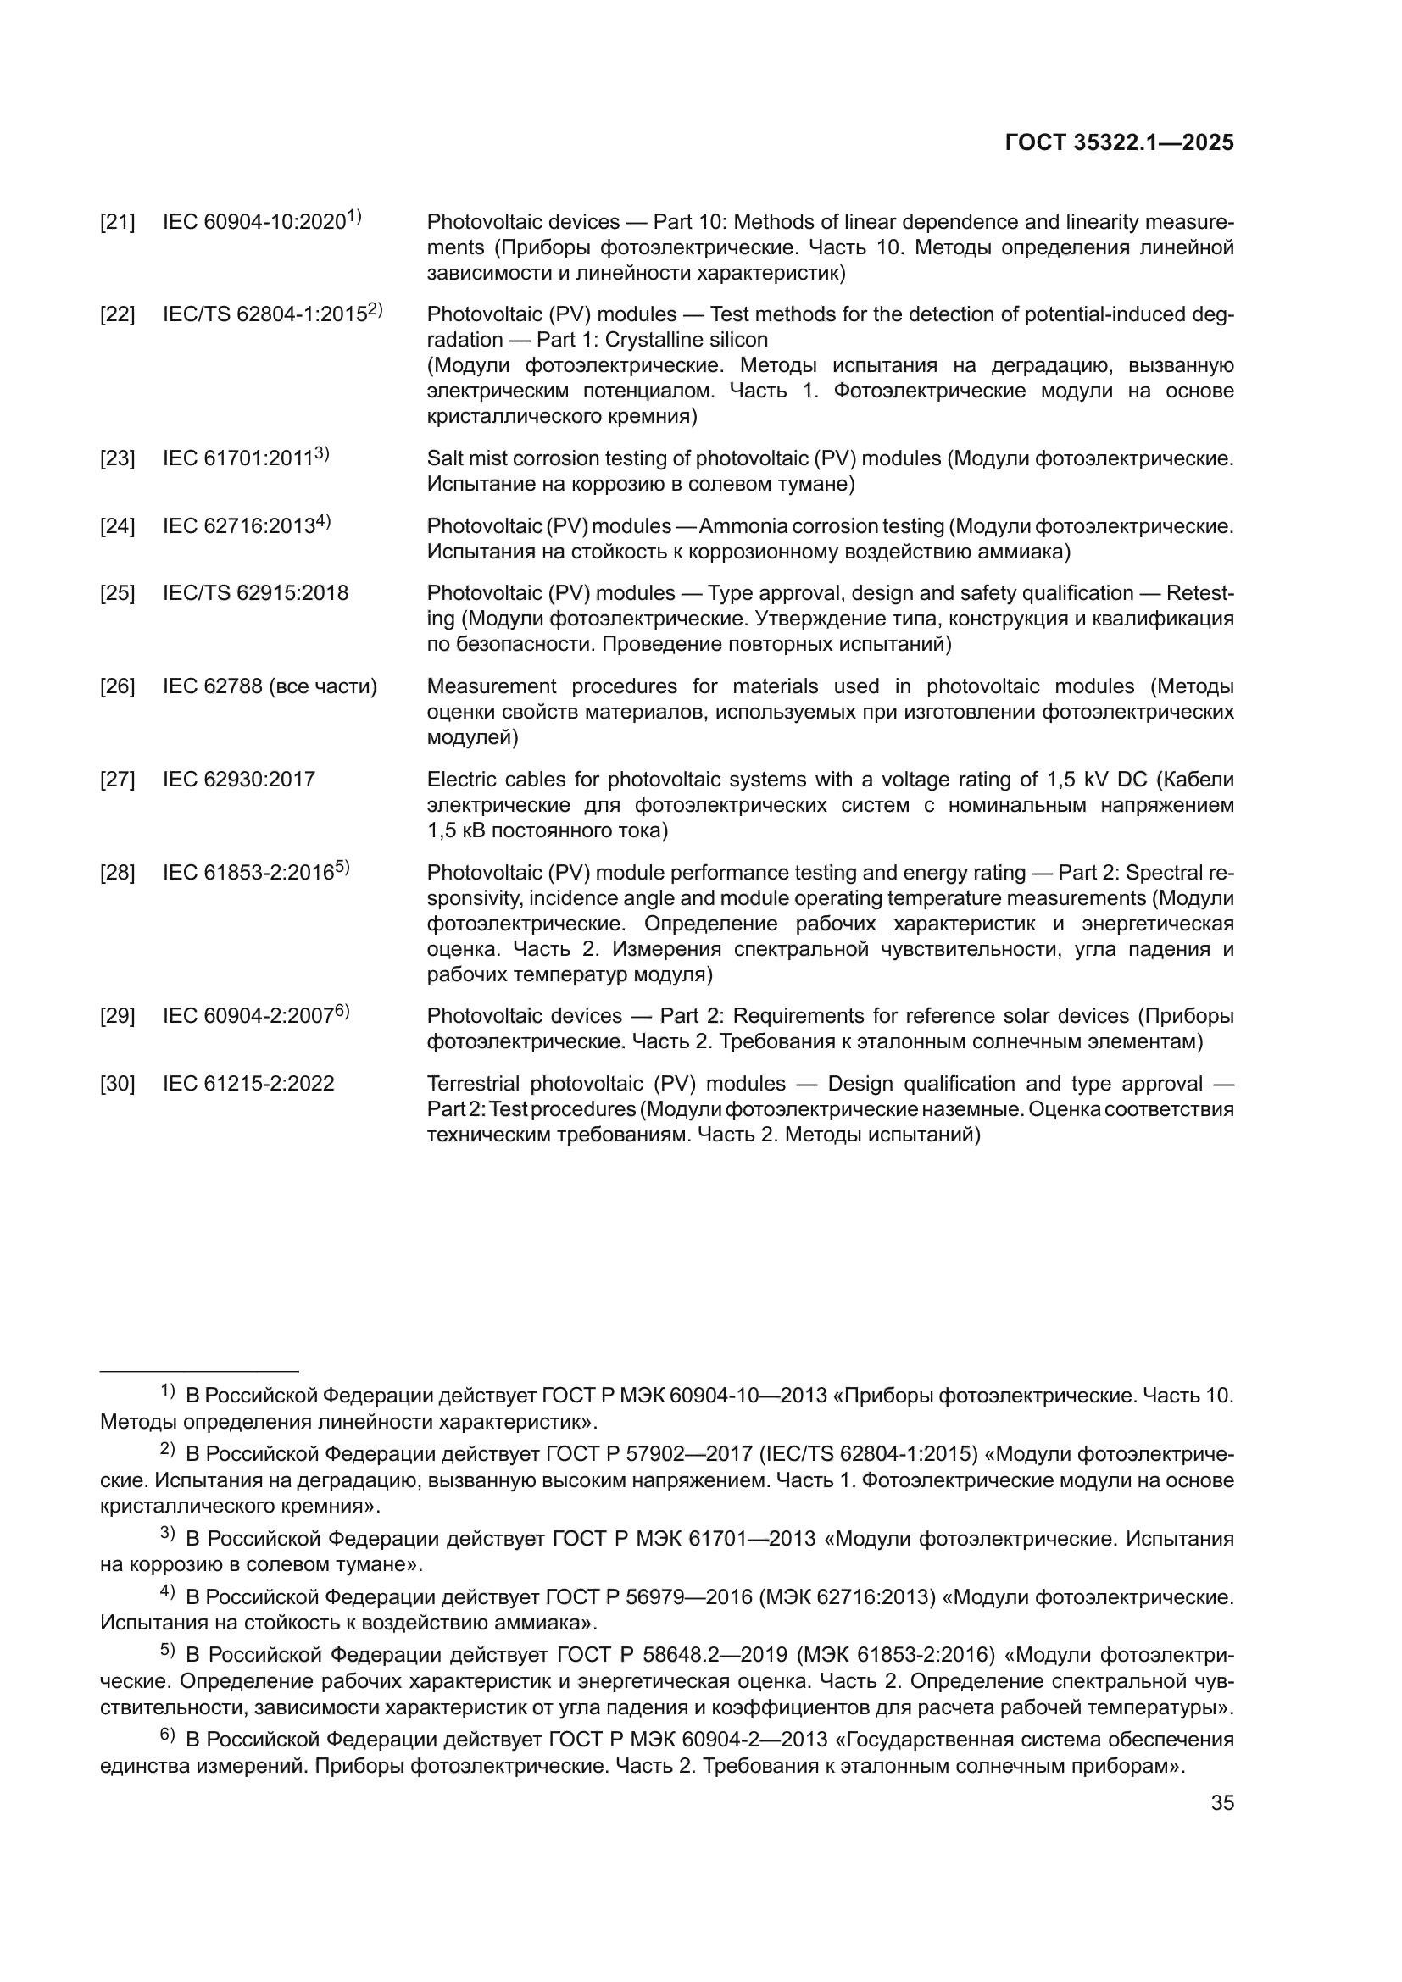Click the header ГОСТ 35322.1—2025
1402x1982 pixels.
[x=1119, y=143]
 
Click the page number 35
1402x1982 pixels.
[x=1221, y=1803]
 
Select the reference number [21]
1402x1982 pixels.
[x=118, y=223]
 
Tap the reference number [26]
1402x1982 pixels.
[x=118, y=687]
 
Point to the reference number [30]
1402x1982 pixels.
[x=118, y=1085]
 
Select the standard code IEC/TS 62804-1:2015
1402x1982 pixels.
[x=265, y=315]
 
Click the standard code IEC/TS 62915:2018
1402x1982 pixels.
[x=255, y=594]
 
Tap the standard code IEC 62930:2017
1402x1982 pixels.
[x=239, y=780]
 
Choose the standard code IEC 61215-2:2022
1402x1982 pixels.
[x=248, y=1085]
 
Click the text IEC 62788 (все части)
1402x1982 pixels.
[x=270, y=687]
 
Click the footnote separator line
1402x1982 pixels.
[x=199, y=1371]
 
